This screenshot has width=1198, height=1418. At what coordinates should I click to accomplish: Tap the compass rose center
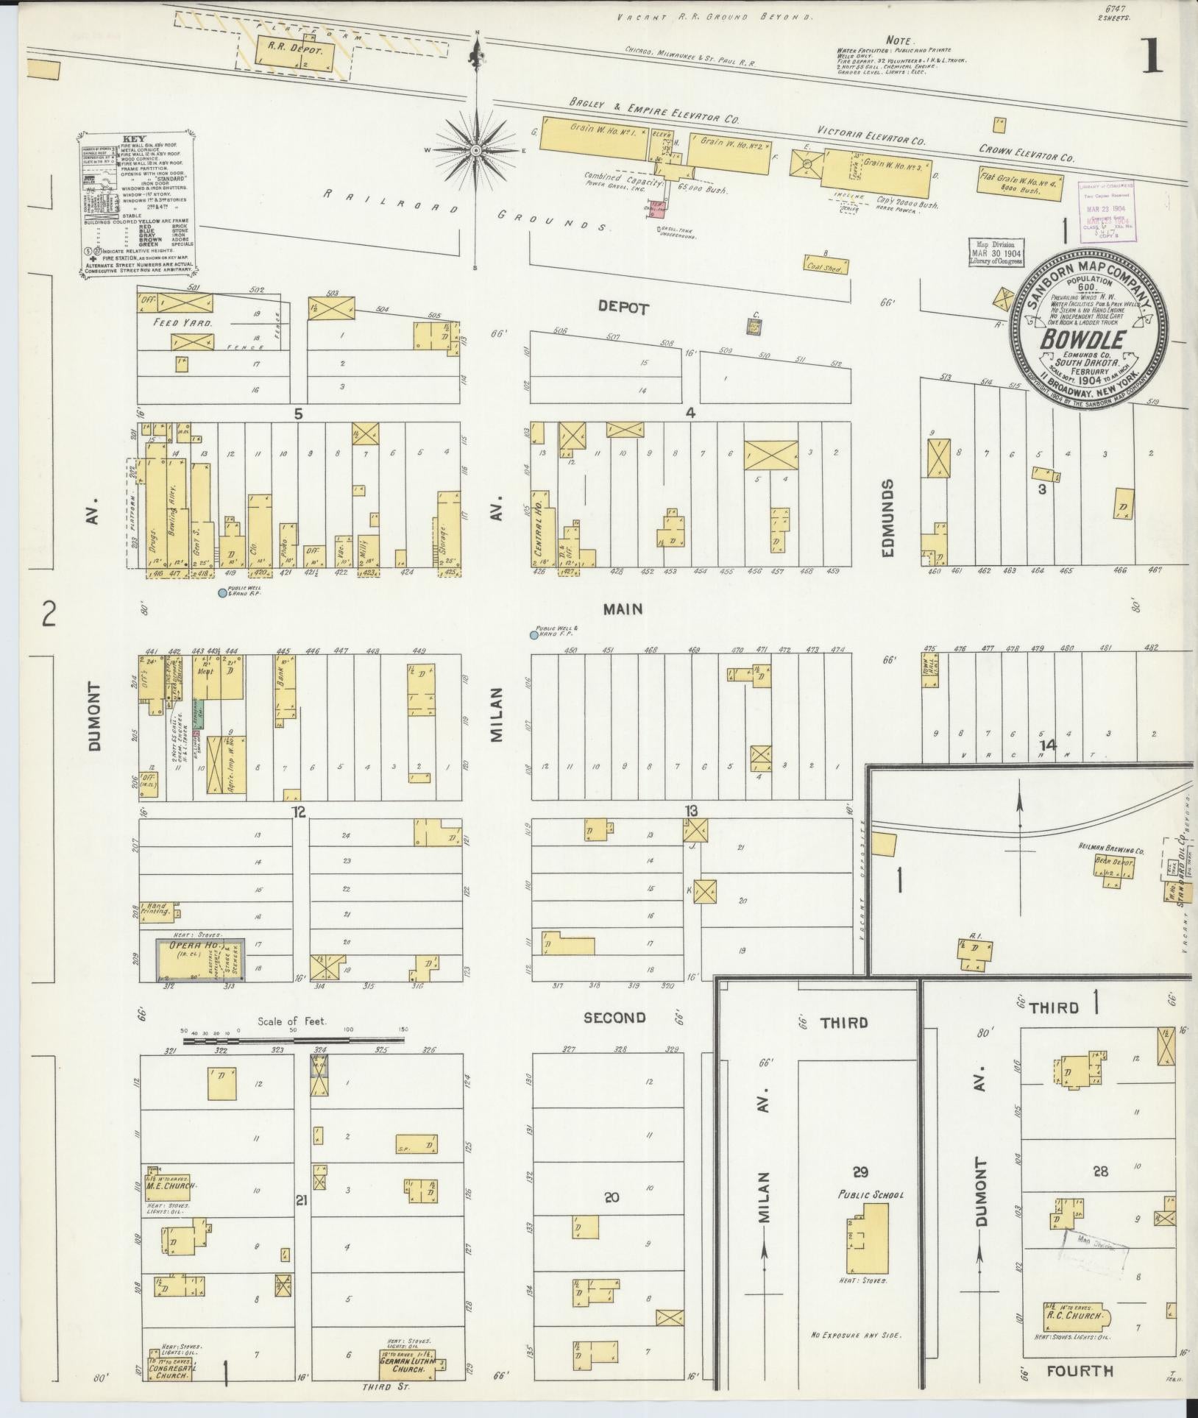click(x=477, y=150)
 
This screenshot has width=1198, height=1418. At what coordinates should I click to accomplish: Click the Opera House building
click(x=199, y=958)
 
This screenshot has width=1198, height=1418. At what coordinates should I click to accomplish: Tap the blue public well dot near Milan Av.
click(x=534, y=634)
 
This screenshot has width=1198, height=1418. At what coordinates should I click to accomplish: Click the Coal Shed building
click(x=825, y=266)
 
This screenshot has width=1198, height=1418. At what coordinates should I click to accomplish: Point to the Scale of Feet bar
click(x=294, y=1041)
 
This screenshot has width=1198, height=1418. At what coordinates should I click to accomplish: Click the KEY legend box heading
click(x=134, y=138)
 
